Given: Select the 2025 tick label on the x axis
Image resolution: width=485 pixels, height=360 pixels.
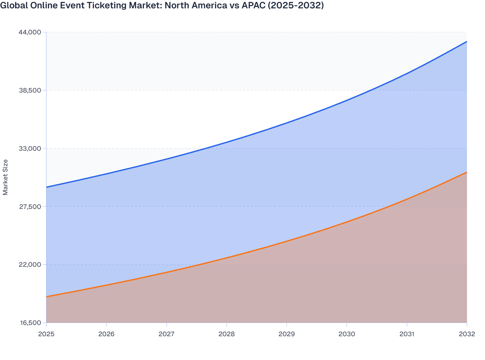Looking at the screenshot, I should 46,334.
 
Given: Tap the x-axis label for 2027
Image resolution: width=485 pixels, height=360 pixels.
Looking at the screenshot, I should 167,334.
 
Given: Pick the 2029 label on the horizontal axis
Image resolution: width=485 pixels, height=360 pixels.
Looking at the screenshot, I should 287,334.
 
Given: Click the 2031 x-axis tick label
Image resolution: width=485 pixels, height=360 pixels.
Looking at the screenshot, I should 407,334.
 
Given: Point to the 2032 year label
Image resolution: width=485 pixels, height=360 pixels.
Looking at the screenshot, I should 467,334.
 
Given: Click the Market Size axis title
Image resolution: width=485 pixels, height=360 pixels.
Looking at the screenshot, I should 5,177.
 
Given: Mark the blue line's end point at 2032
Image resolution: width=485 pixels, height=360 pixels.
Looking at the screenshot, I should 467,42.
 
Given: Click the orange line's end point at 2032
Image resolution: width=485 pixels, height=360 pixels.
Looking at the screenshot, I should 467,172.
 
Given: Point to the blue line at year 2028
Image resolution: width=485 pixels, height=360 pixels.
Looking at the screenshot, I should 227,142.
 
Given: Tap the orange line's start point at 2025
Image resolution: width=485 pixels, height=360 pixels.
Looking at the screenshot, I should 47,297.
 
